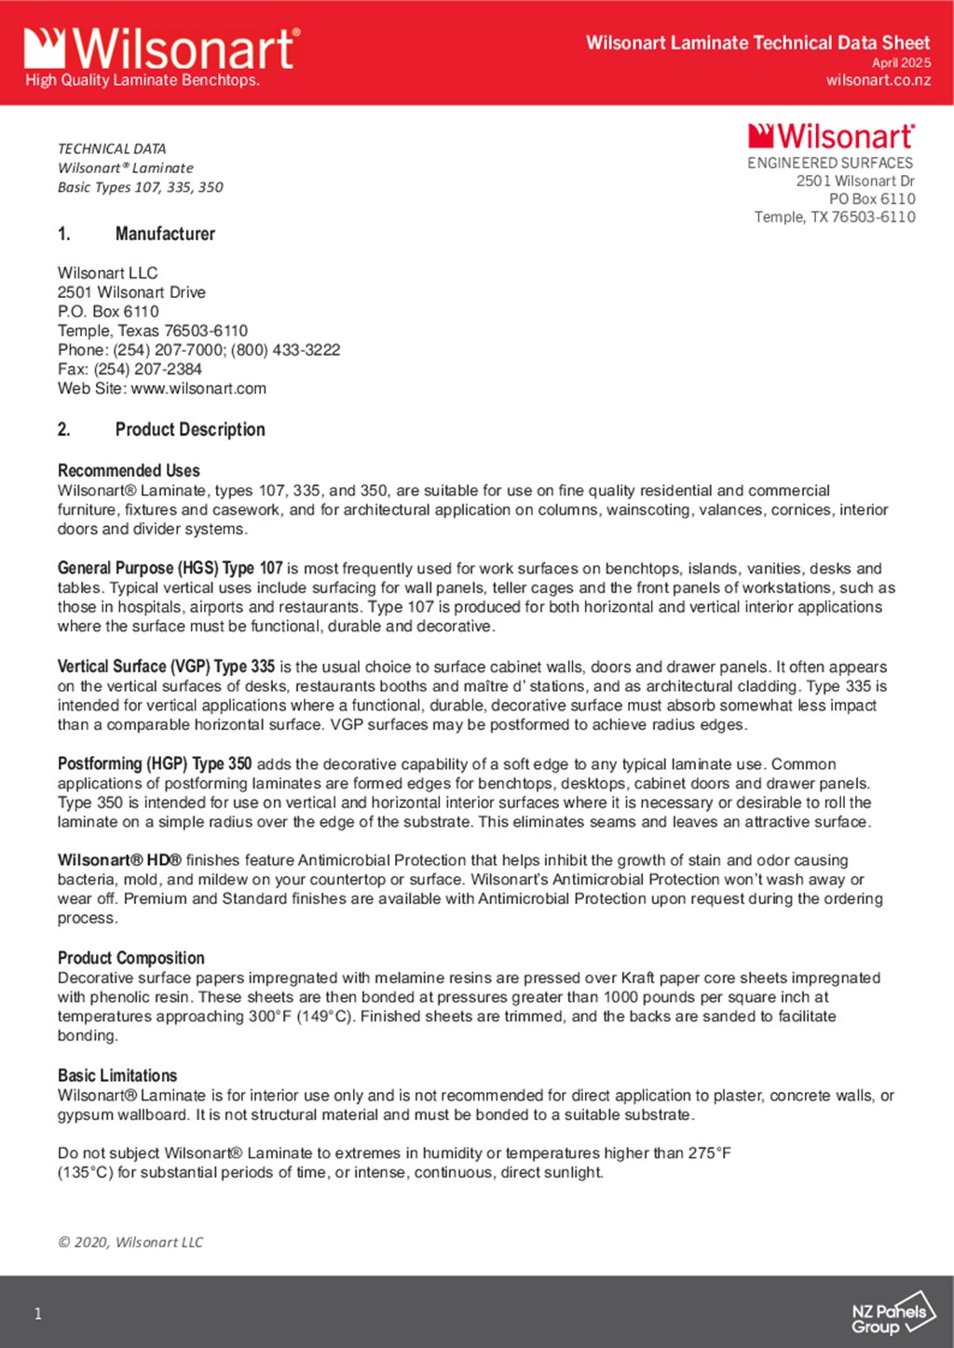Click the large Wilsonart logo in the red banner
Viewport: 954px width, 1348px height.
point(161,47)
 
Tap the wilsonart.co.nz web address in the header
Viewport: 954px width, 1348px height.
point(878,80)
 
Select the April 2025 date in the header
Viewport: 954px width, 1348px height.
point(901,62)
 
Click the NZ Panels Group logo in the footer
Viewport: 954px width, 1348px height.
point(892,1314)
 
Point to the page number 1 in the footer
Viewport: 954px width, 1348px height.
point(38,1314)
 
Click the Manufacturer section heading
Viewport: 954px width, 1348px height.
point(165,234)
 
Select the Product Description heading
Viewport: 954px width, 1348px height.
point(190,429)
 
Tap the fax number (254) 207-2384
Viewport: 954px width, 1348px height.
point(147,369)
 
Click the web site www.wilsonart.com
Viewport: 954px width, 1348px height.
point(198,388)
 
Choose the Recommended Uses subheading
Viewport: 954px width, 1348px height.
point(129,470)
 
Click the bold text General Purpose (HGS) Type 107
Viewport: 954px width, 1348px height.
point(170,568)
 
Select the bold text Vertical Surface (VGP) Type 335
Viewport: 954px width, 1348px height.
point(166,667)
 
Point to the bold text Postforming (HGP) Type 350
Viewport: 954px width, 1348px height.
point(155,763)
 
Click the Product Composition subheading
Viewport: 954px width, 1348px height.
point(130,958)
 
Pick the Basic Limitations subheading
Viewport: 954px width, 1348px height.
point(117,1075)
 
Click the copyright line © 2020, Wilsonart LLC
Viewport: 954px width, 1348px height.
point(130,1242)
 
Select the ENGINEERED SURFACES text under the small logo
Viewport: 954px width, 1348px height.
point(830,163)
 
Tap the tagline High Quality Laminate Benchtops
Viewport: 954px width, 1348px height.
point(143,80)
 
